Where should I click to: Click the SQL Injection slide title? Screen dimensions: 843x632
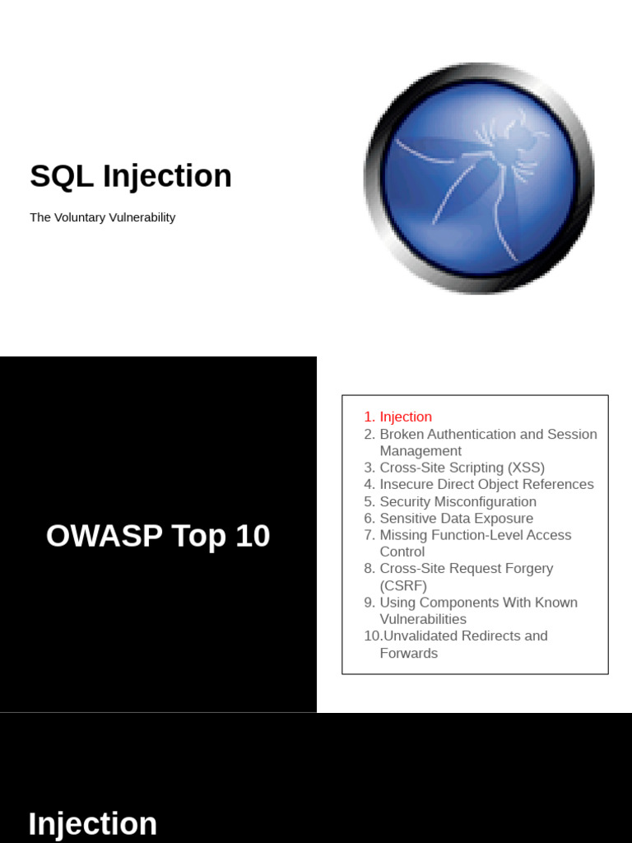[x=131, y=176]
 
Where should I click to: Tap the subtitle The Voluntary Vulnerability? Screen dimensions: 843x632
[x=102, y=217]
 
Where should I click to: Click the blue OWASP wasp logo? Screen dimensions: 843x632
[x=479, y=179]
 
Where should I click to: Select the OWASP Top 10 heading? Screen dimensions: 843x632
[x=158, y=536]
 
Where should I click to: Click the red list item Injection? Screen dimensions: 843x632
[x=405, y=417]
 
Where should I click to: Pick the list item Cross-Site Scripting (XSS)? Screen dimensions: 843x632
[x=462, y=468]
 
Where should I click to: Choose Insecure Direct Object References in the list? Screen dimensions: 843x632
[x=486, y=484]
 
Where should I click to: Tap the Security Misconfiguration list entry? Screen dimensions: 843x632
[x=458, y=501]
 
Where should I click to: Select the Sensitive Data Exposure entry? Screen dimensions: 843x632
[x=456, y=518]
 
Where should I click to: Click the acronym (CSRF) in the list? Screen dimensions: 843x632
[x=403, y=585]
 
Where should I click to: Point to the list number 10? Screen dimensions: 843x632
[x=372, y=636]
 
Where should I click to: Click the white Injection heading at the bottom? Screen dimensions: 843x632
[x=92, y=824]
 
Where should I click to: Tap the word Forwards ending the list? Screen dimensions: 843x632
[x=408, y=653]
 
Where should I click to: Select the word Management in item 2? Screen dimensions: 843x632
[x=421, y=451]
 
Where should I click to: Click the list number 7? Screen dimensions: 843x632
[x=369, y=535]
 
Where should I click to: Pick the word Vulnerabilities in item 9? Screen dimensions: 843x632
[x=423, y=619]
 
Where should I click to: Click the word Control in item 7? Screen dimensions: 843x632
[x=402, y=552]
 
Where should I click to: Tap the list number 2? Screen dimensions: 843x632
[x=369, y=434]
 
